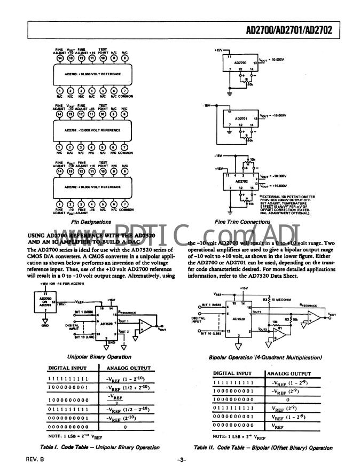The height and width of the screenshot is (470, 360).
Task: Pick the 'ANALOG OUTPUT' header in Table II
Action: coord(289,373)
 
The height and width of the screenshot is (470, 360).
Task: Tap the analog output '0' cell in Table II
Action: coord(288,398)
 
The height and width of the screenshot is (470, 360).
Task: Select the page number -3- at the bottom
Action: coord(180,459)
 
